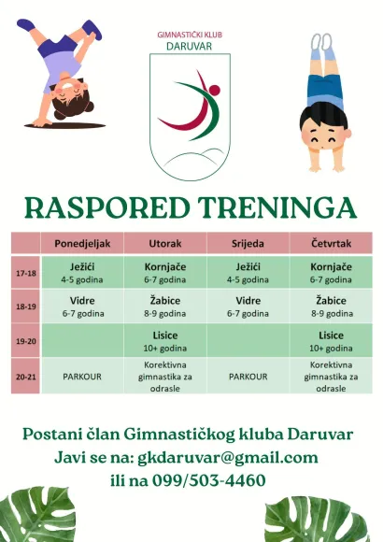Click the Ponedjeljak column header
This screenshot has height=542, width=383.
click(x=82, y=244)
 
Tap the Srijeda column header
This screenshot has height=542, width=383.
click(x=248, y=244)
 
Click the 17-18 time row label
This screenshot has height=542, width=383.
click(x=26, y=273)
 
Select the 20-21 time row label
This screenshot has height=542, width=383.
click(x=26, y=376)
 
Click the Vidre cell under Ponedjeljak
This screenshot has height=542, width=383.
click(x=82, y=306)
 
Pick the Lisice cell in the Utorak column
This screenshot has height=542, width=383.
click(x=164, y=340)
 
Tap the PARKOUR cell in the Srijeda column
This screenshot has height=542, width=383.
click(x=248, y=376)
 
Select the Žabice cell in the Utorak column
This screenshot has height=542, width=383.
click(x=164, y=306)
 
